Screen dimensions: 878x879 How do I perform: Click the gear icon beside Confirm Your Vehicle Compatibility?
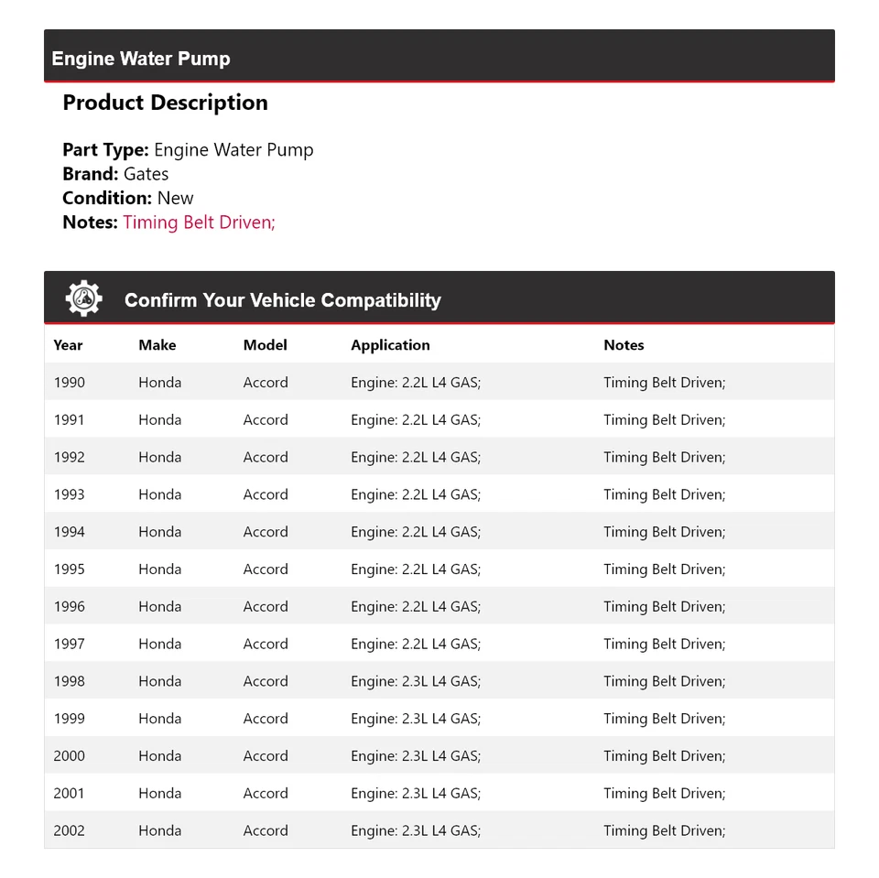pyautogui.click(x=83, y=298)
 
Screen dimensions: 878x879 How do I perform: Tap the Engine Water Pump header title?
pyautogui.click(x=141, y=59)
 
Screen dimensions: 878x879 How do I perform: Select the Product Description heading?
pyautogui.click(x=165, y=103)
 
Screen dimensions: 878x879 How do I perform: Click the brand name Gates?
pyautogui.click(x=146, y=174)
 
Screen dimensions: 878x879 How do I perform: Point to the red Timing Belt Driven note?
pyautogui.click(x=199, y=222)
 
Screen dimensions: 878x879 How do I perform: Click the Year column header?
pyautogui.click(x=68, y=345)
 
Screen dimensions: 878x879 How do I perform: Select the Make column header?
pyautogui.click(x=157, y=345)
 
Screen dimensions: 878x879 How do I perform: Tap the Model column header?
pyautogui.click(x=265, y=345)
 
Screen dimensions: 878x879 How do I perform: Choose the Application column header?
pyautogui.click(x=390, y=345)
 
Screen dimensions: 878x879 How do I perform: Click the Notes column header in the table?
pyautogui.click(x=624, y=345)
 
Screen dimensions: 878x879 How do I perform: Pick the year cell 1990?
pyautogui.click(x=69, y=383)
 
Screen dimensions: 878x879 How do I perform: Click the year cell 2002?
pyautogui.click(x=69, y=830)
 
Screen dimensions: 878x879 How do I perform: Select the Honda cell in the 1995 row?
pyautogui.click(x=160, y=569)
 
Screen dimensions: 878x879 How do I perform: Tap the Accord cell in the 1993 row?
pyautogui.click(x=266, y=494)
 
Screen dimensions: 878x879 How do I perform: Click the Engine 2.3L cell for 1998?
pyautogui.click(x=416, y=681)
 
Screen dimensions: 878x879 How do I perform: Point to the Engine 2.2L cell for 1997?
pyautogui.click(x=416, y=644)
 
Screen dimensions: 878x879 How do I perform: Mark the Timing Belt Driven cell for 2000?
pyautogui.click(x=664, y=756)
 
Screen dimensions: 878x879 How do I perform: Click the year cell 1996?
pyautogui.click(x=69, y=606)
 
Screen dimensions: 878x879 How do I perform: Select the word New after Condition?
pyautogui.click(x=176, y=198)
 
